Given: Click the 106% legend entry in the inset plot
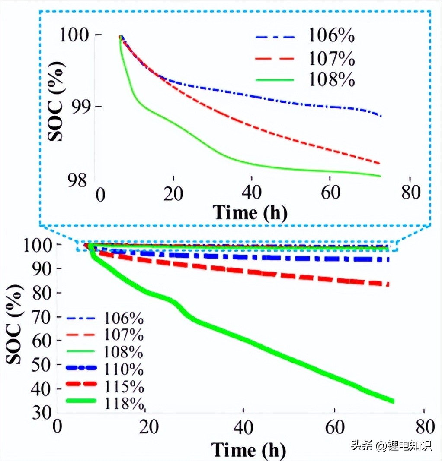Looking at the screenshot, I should click(331, 37).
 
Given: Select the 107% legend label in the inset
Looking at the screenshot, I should click(331, 58).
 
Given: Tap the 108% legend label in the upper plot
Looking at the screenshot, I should click(331, 80).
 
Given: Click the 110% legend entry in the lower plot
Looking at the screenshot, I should click(124, 369).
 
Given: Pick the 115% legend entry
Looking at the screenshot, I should click(124, 385).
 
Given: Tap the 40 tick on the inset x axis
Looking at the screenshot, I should click(251, 193).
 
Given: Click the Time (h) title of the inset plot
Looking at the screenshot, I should click(250, 213).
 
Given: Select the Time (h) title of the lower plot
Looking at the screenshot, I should click(249, 450).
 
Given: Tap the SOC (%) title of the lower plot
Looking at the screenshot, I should click(15, 324).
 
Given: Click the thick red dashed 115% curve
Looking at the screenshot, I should click(259, 273).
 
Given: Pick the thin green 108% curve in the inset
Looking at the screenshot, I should click(216, 152).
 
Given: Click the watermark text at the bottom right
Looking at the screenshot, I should click(391, 445).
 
